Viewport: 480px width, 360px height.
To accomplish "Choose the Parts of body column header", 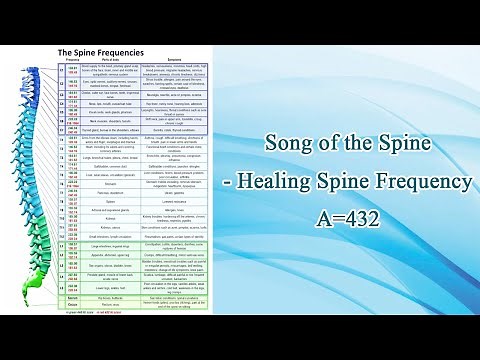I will [x=112, y=61].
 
